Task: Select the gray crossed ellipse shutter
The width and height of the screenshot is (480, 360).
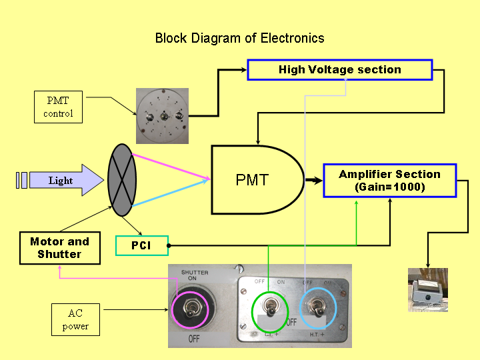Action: [122, 180]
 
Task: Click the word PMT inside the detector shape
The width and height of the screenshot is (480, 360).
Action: [252, 180]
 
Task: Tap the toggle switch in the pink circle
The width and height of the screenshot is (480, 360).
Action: [190, 309]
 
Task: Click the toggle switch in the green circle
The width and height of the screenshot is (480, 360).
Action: [270, 308]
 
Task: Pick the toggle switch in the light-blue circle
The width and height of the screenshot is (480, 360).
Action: [318, 307]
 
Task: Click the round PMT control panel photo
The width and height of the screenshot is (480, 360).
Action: [162, 116]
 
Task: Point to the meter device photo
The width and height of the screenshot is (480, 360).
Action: [428, 290]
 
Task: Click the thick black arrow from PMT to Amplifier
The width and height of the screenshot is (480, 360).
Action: [313, 180]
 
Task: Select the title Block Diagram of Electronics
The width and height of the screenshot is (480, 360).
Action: [240, 38]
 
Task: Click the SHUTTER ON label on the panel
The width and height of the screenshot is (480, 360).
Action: [195, 275]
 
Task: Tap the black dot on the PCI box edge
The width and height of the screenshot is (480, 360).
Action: [169, 245]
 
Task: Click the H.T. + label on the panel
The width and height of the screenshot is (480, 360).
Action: [317, 335]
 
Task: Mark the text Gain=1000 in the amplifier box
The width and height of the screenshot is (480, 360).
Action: [390, 187]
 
